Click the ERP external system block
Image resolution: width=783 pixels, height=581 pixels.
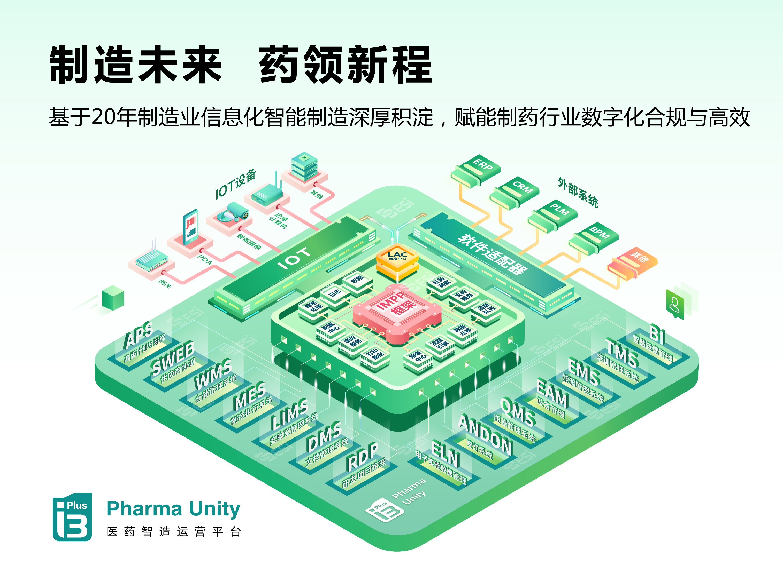click(476, 171)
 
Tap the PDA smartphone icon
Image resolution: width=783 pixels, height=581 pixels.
click(190, 227)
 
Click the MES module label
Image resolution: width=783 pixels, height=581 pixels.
click(250, 396)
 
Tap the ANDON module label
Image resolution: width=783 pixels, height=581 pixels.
click(486, 435)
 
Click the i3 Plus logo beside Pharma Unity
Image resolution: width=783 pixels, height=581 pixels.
click(72, 517)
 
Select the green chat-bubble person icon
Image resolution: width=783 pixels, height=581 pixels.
click(674, 304)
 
